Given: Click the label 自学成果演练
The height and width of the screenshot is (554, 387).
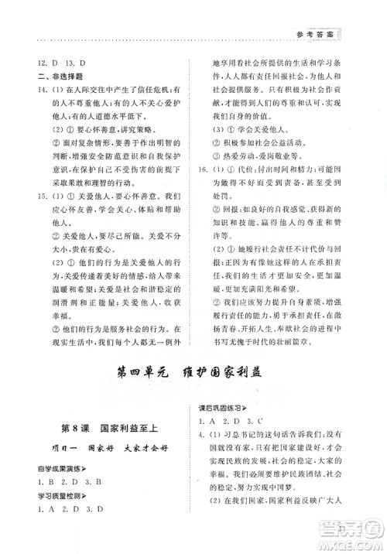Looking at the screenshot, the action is point(56,468).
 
